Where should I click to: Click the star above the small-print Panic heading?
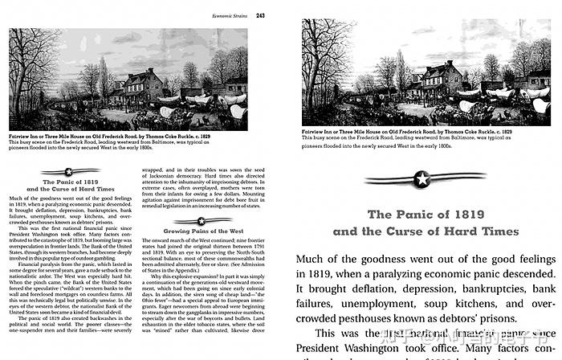point(69,170)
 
